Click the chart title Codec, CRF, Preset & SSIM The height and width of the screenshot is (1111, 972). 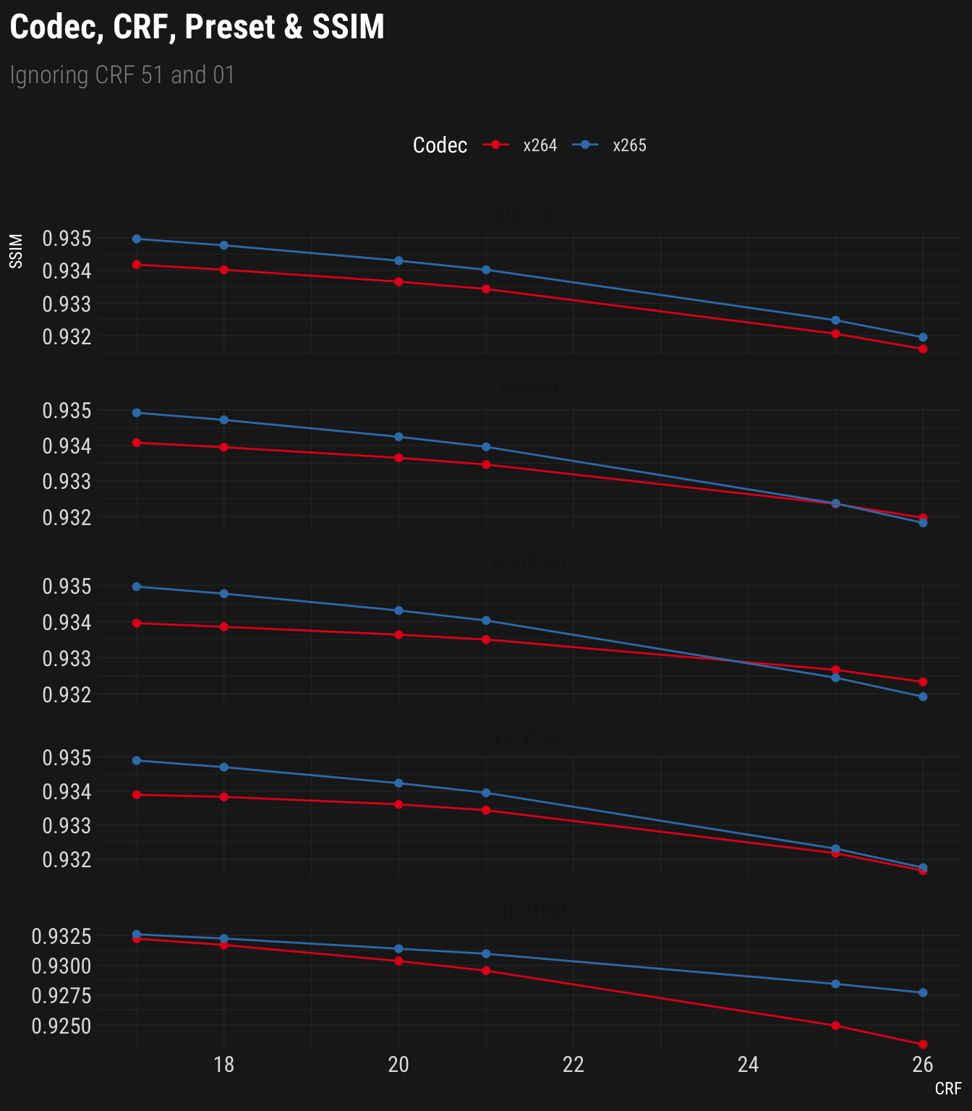click(197, 27)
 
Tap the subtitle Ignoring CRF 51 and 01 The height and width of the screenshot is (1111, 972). click(122, 75)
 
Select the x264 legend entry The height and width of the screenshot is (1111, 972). click(540, 145)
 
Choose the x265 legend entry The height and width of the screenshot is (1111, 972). click(629, 145)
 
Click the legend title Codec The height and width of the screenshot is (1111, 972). click(440, 145)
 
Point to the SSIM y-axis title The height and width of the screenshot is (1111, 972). click(17, 251)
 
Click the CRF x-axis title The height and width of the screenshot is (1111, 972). click(948, 1089)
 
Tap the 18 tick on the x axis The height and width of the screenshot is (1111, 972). click(224, 1065)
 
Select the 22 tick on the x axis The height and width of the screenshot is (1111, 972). click(574, 1065)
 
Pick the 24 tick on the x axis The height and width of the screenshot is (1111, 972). click(748, 1065)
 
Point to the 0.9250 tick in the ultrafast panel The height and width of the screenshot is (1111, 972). click(61, 1026)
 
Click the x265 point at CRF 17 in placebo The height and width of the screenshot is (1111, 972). click(137, 239)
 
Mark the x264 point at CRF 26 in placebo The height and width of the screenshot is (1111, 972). click(923, 349)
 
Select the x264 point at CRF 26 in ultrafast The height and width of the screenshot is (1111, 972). click(923, 1044)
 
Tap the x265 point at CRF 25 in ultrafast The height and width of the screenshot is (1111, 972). click(836, 984)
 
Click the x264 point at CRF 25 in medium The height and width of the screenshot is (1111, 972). click(836, 670)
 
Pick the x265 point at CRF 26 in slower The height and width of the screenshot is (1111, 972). click(923, 523)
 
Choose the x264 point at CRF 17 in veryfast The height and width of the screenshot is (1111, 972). click(137, 795)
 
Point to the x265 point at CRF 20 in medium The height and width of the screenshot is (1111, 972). click(398, 610)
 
